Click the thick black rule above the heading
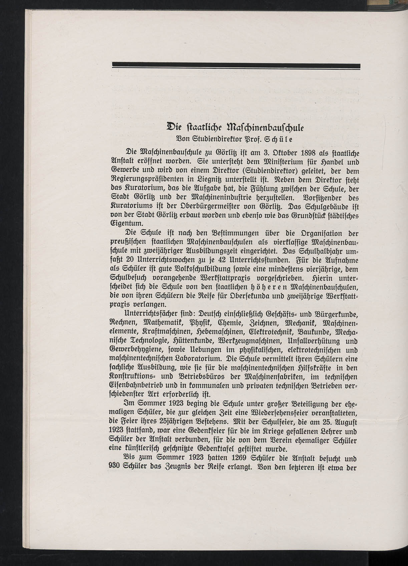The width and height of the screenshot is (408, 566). click(x=236, y=65)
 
